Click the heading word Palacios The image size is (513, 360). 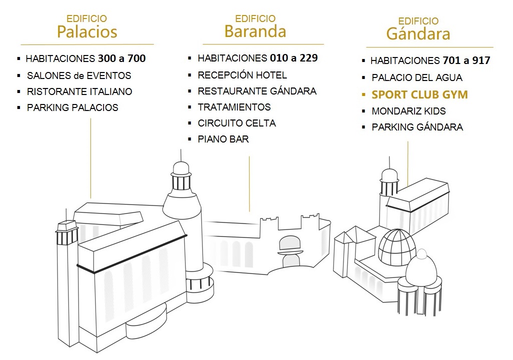click(87, 31)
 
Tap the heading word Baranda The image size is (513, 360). click(255, 31)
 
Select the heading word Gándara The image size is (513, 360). click(418, 33)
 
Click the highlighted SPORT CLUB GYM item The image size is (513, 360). click(420, 94)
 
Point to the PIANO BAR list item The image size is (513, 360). click(223, 139)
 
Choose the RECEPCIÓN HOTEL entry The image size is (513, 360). click(242, 75)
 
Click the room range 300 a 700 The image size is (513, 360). click(121, 58)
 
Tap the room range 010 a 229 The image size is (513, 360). click(294, 58)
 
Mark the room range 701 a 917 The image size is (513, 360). click(466, 60)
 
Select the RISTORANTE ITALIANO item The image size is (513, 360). click(79, 91)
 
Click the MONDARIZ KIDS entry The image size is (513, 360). click(408, 111)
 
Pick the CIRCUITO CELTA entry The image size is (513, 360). click(237, 123)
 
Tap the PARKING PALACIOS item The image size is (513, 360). click(72, 107)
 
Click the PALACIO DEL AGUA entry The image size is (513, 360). click(417, 77)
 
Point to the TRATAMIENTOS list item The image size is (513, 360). click(234, 107)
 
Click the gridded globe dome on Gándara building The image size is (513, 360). click(397, 247)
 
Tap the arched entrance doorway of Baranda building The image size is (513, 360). click(289, 251)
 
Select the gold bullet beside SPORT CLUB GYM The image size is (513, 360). click(363, 95)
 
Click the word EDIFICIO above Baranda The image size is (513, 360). click(255, 18)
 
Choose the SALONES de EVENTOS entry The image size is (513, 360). click(79, 75)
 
